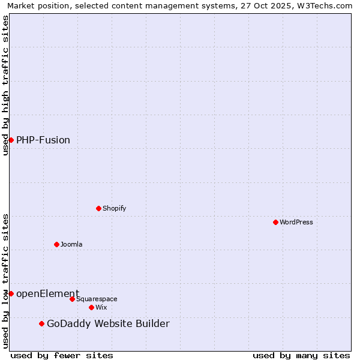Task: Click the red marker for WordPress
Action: [x=275, y=222]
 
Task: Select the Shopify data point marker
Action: [x=98, y=208]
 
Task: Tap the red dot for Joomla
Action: [x=56, y=244]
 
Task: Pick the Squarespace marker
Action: [x=72, y=299]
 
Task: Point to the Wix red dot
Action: [x=91, y=307]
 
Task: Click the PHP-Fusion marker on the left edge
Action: [x=11, y=140]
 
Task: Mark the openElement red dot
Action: [x=11, y=293]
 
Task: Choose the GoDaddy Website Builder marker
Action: [x=41, y=324]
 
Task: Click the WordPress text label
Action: [x=296, y=222]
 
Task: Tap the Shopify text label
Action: [x=114, y=208]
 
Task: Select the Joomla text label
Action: [x=71, y=244]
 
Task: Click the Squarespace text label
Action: [x=97, y=299]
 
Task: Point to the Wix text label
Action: [x=101, y=307]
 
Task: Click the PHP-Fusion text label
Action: [x=43, y=140]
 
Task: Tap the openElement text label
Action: [x=47, y=293]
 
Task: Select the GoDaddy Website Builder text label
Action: [x=108, y=324]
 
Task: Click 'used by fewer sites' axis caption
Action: [x=62, y=355]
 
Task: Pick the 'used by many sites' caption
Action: [x=301, y=355]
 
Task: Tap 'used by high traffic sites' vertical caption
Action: [x=6, y=85]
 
